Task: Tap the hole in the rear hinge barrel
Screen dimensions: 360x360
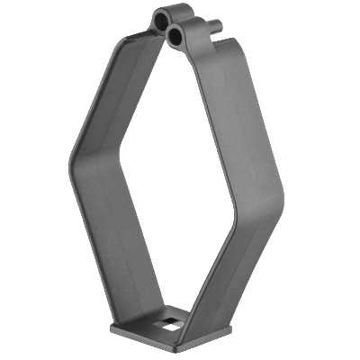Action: [x=160, y=18]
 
